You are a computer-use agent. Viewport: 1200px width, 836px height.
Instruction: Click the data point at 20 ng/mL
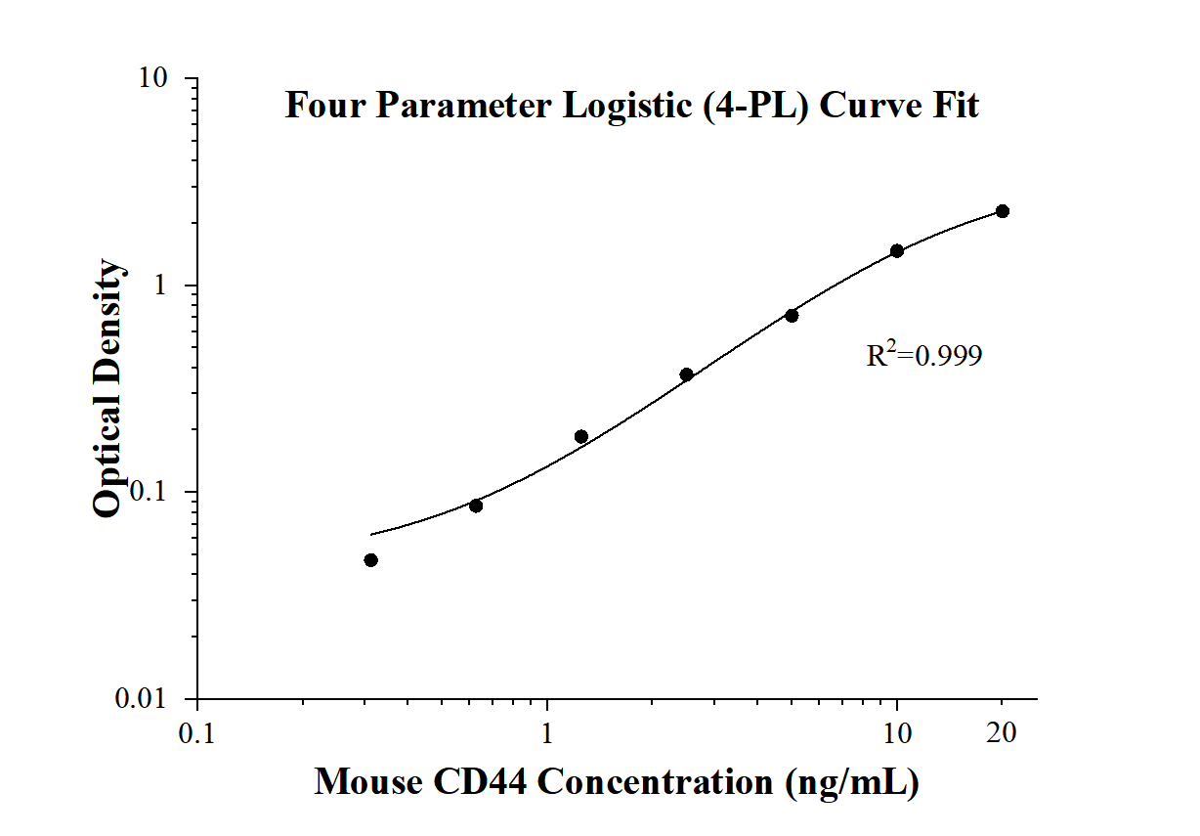1002,211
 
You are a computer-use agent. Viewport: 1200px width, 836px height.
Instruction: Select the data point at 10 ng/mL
897,251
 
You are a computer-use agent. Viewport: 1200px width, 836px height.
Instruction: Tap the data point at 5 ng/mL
792,315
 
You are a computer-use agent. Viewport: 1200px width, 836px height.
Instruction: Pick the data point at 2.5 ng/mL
687,374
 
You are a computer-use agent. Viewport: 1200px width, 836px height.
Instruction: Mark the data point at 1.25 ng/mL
581,436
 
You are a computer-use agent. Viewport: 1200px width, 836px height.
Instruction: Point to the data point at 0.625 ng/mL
476,506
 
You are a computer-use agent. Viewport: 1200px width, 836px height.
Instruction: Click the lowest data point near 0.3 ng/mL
371,560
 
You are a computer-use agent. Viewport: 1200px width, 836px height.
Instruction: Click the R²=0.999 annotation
923,356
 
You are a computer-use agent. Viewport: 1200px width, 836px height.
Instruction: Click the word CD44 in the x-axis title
473,782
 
